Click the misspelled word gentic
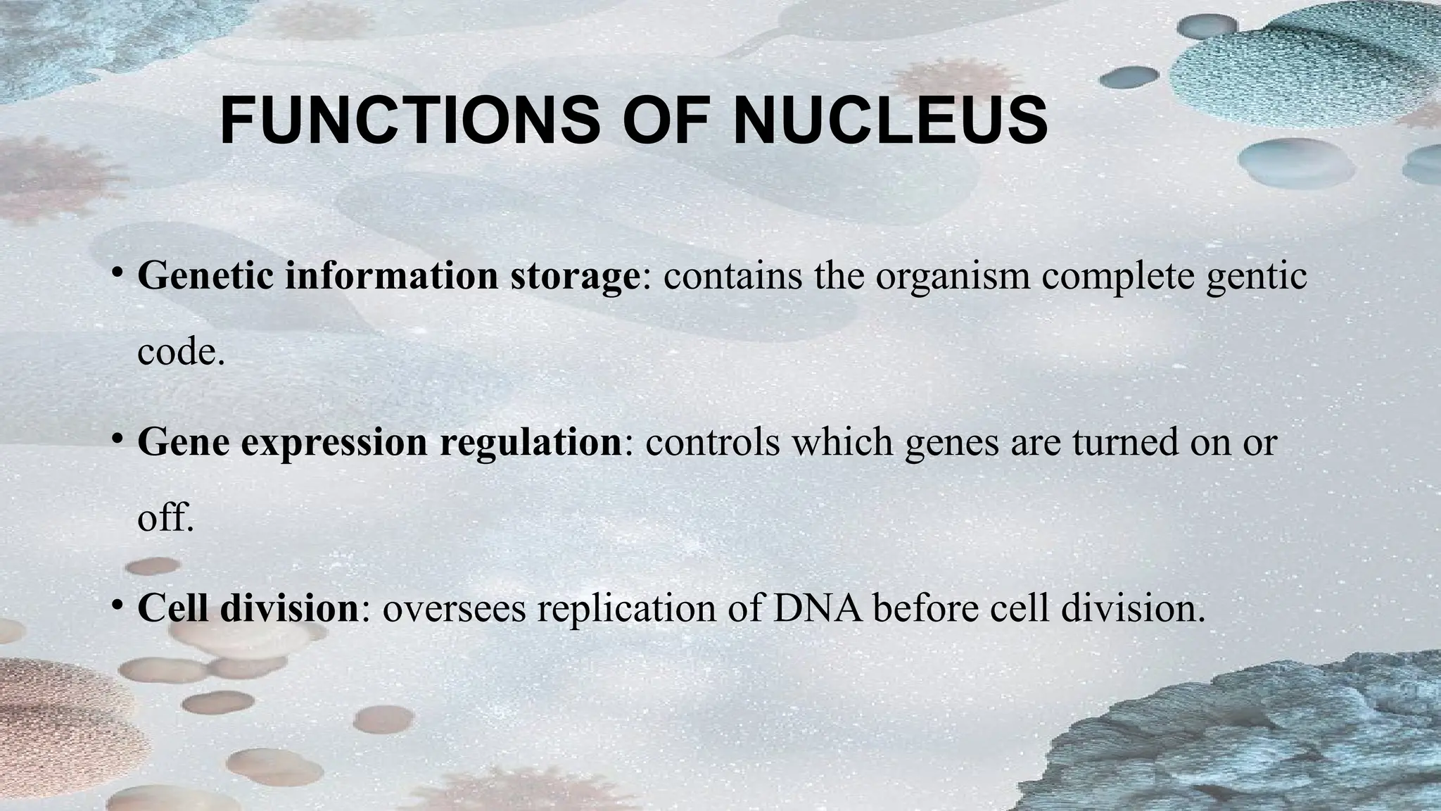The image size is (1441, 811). coord(1256,276)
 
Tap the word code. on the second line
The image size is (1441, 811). coord(181,351)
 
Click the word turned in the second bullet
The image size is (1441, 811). coord(1126,443)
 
